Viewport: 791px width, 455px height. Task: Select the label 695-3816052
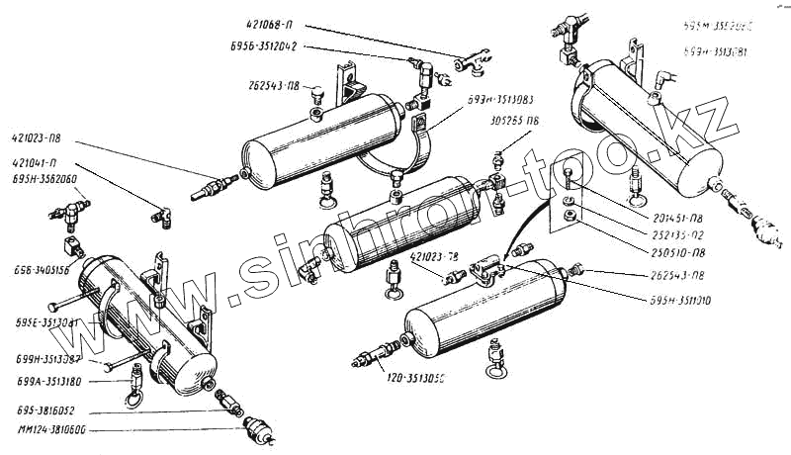tap(44, 408)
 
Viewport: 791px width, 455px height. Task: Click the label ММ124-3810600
tap(49, 430)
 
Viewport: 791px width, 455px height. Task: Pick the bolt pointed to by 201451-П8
tap(571, 180)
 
